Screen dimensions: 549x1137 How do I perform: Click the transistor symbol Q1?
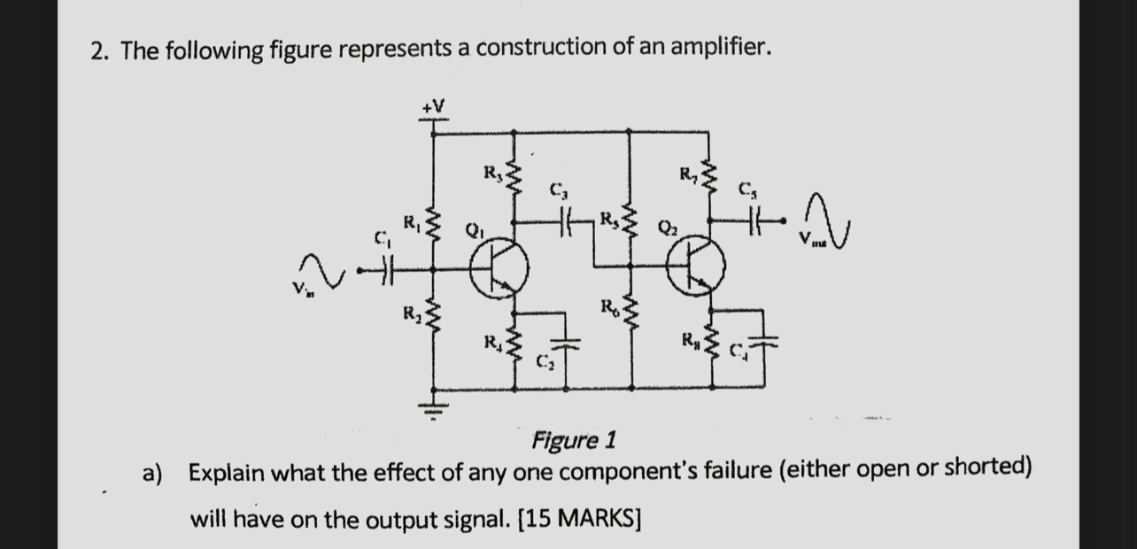[499, 269]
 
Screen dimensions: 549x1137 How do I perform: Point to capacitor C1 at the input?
[383, 269]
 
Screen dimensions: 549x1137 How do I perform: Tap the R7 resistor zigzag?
[709, 180]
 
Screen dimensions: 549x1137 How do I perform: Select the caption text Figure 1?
[574, 439]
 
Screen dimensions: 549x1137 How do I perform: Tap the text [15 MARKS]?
[578, 519]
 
